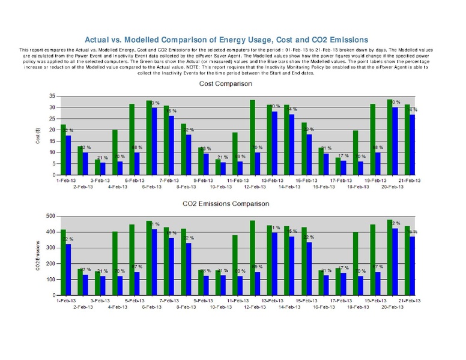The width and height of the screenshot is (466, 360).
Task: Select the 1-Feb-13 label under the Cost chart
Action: coord(65,180)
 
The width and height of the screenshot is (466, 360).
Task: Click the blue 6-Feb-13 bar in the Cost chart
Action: coord(154,141)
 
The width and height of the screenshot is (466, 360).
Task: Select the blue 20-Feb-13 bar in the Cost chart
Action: coord(395,141)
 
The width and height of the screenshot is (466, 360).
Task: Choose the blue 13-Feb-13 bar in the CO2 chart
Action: coord(274,264)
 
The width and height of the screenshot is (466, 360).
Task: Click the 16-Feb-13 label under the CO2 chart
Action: coord(324,307)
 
